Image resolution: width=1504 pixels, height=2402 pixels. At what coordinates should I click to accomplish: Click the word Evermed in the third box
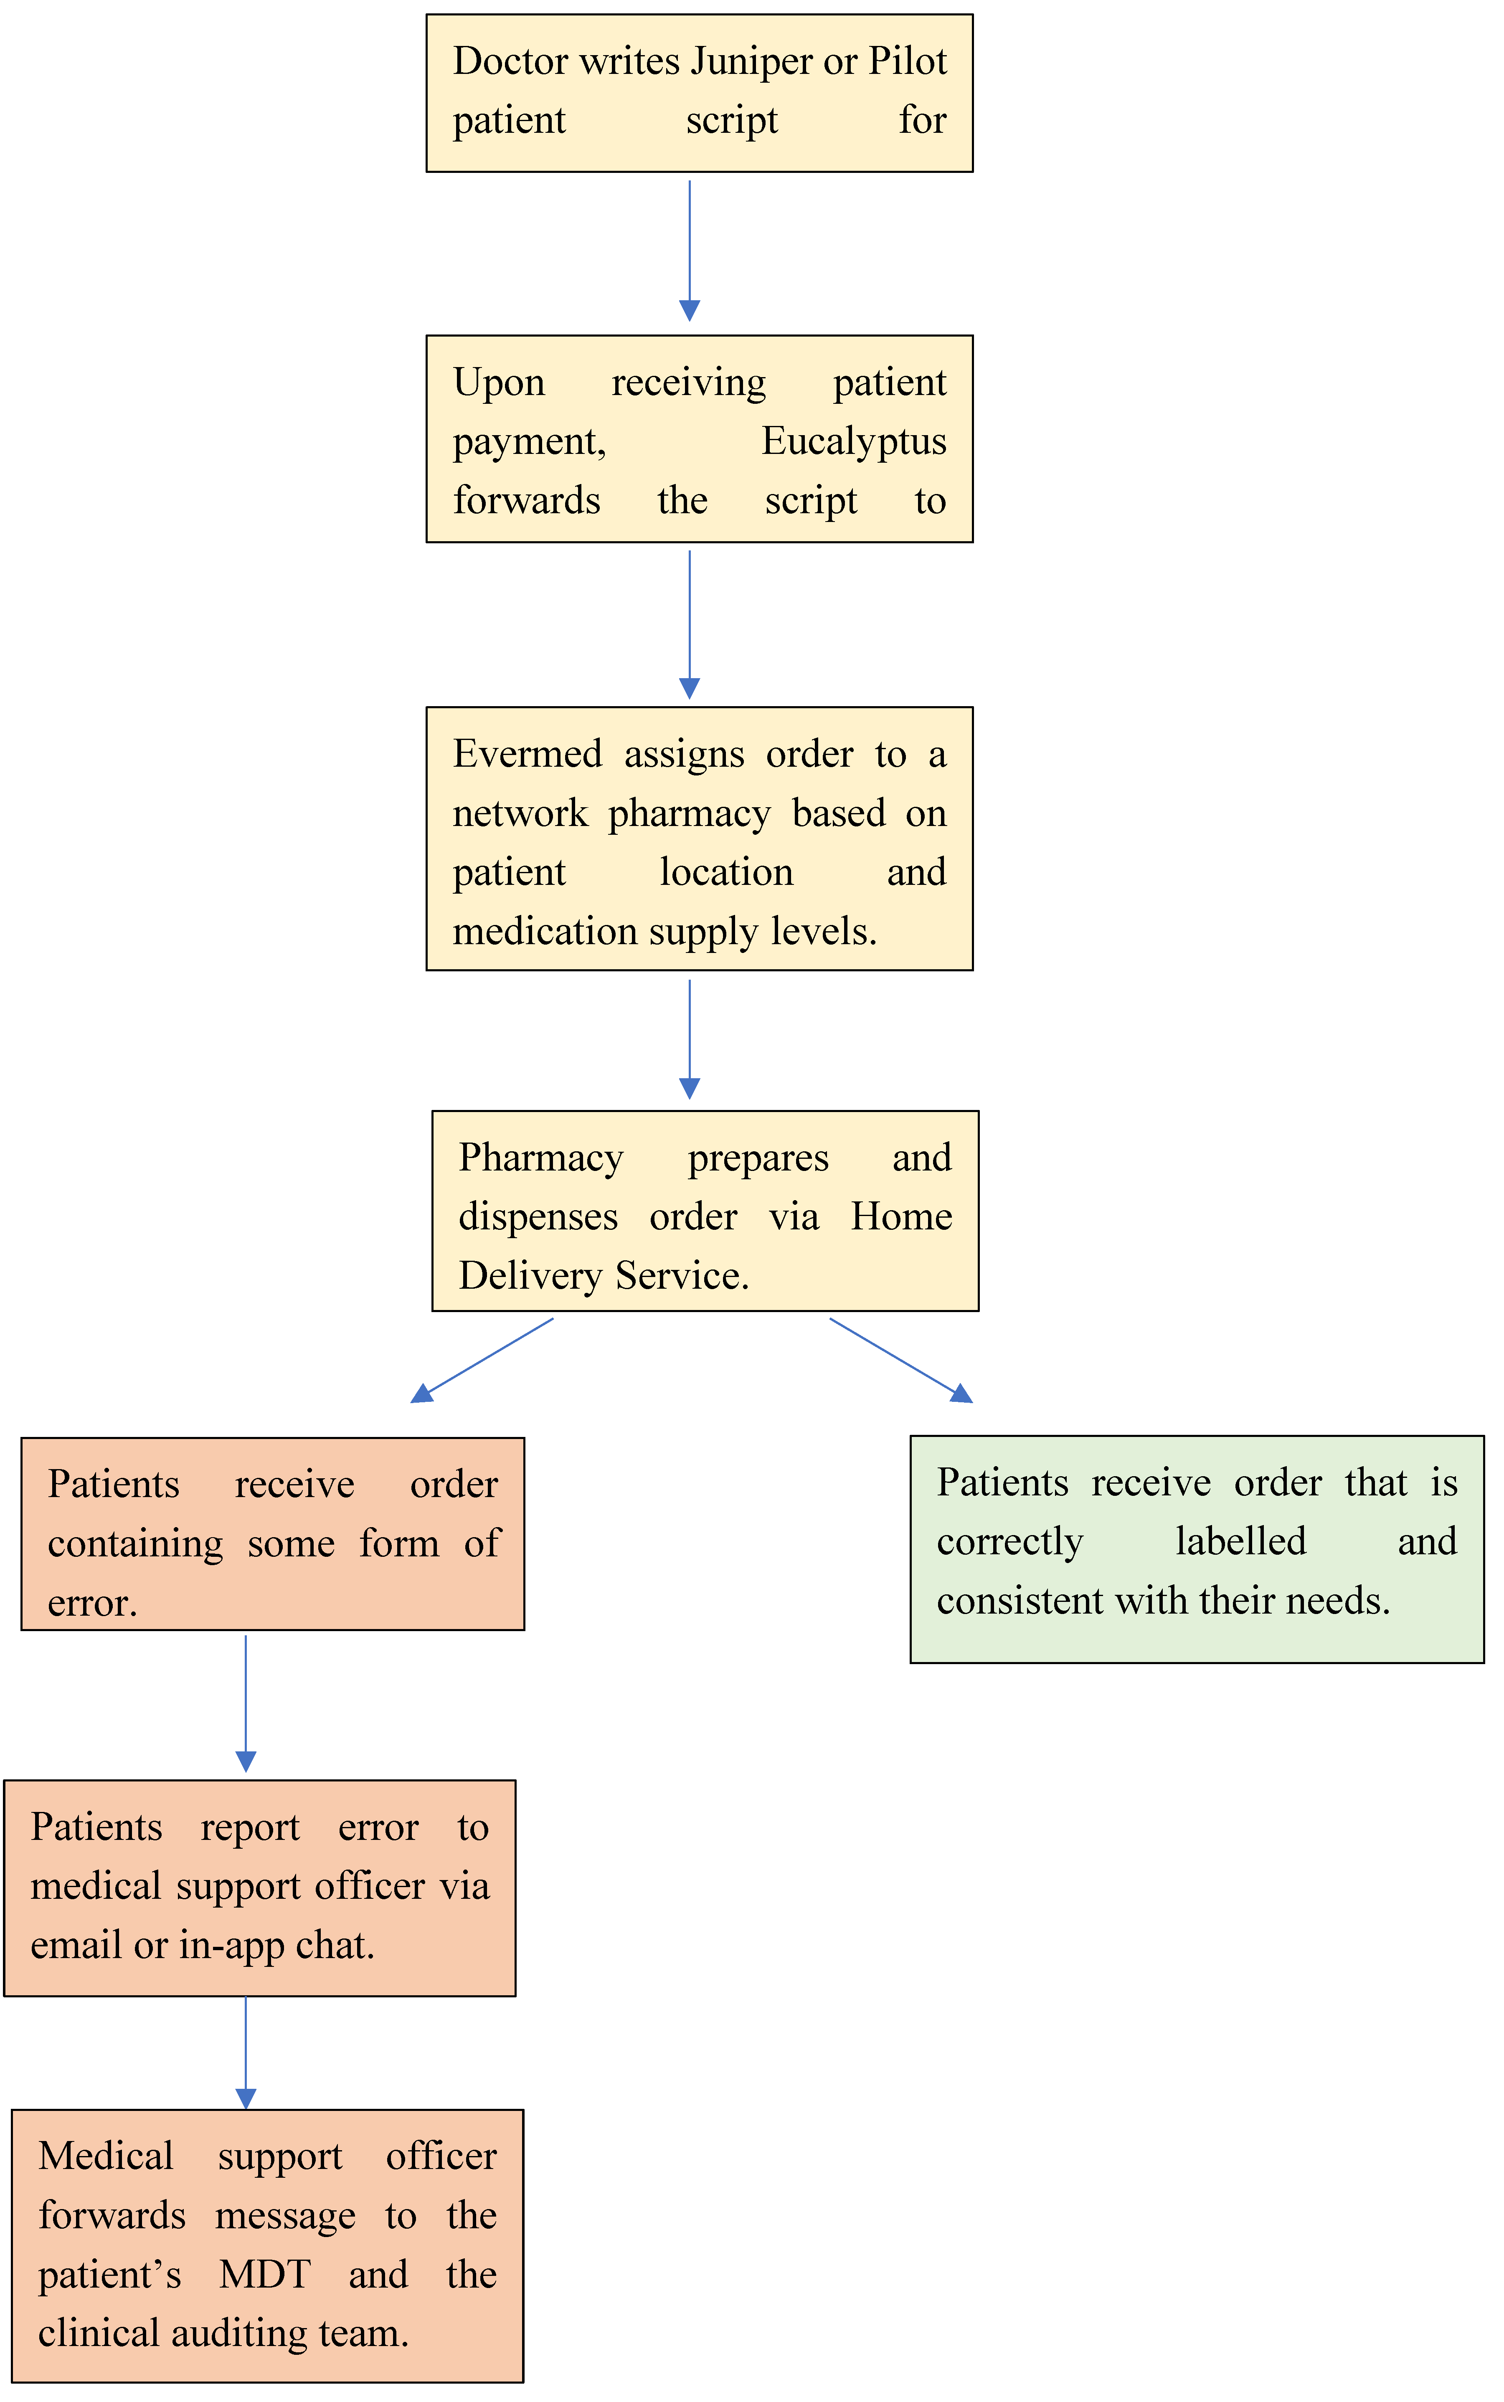pyautogui.click(x=527, y=754)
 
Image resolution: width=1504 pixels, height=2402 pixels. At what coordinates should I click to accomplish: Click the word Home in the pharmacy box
pyautogui.click(x=901, y=1216)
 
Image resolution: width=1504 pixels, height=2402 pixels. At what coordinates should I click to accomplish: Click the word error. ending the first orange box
pyautogui.click(x=91, y=1603)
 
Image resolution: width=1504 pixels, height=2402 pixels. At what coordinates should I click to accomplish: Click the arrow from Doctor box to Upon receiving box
pyautogui.click(x=689, y=248)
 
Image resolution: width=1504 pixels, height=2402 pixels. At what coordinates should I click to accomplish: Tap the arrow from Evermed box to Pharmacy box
pyautogui.click(x=689, y=1037)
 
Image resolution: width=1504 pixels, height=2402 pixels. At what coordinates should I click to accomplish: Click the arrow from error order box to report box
pyautogui.click(x=246, y=1703)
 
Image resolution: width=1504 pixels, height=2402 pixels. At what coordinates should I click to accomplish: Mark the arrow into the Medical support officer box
pyautogui.click(x=246, y=2051)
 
